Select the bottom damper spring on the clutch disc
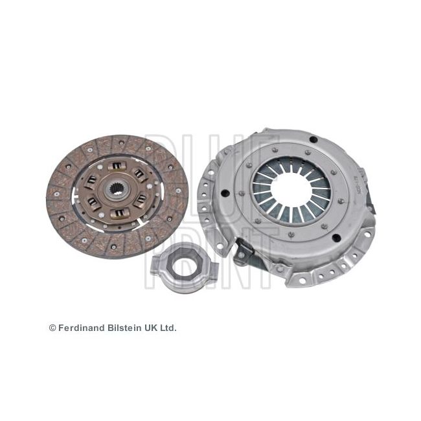(119, 212)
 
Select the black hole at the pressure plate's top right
(313, 139)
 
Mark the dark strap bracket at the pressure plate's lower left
(244, 249)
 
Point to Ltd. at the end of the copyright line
(168, 328)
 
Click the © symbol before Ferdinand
(52, 328)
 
